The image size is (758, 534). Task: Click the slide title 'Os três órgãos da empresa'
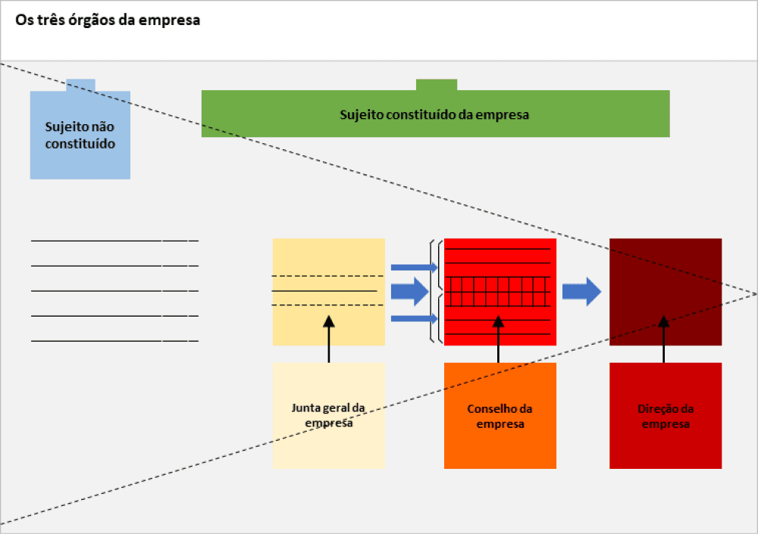tap(108, 20)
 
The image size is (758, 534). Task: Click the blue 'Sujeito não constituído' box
tap(80, 134)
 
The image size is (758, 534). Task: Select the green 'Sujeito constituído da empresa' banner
tap(435, 114)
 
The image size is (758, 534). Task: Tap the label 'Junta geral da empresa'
tap(328, 415)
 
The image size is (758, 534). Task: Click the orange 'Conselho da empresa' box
tap(500, 415)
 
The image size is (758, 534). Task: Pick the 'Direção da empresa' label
tap(666, 416)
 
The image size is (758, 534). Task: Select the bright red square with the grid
tap(500, 291)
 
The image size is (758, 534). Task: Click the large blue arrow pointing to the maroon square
tap(581, 292)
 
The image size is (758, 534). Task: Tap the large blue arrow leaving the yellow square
tap(409, 292)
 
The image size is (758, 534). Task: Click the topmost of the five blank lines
tap(114, 241)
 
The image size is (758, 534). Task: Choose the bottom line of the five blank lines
tap(114, 341)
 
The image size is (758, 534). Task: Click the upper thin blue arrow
tap(414, 267)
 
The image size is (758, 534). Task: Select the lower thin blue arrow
tap(414, 318)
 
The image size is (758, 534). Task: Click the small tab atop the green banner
tap(437, 84)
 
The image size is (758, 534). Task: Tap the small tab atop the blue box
tap(80, 84)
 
